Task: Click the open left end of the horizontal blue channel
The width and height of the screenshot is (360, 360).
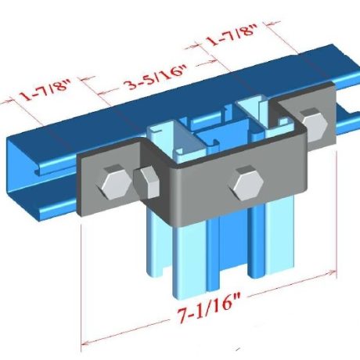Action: pos(31,176)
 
